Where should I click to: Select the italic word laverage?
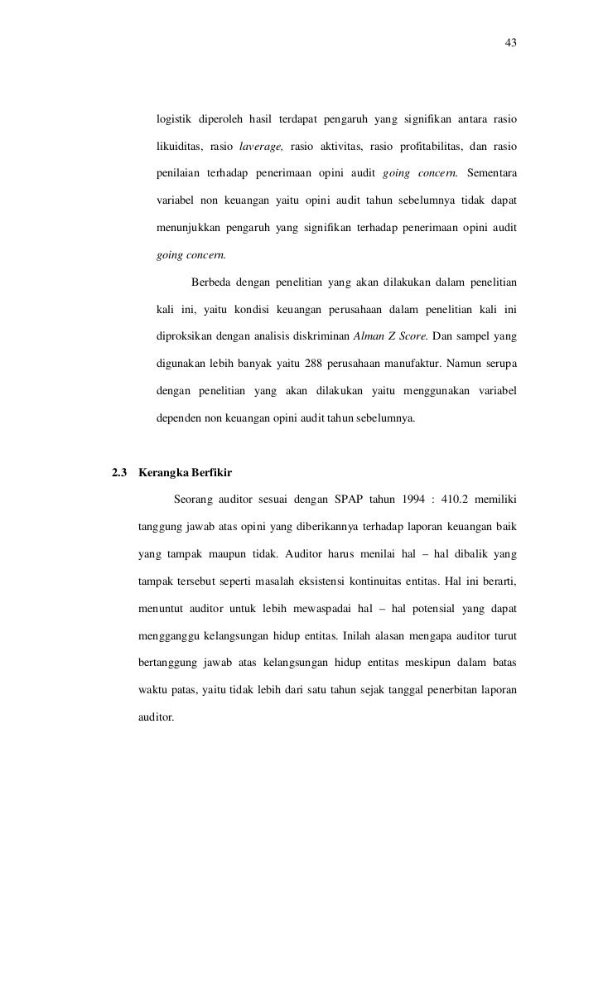261,147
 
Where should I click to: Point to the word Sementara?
492,171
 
